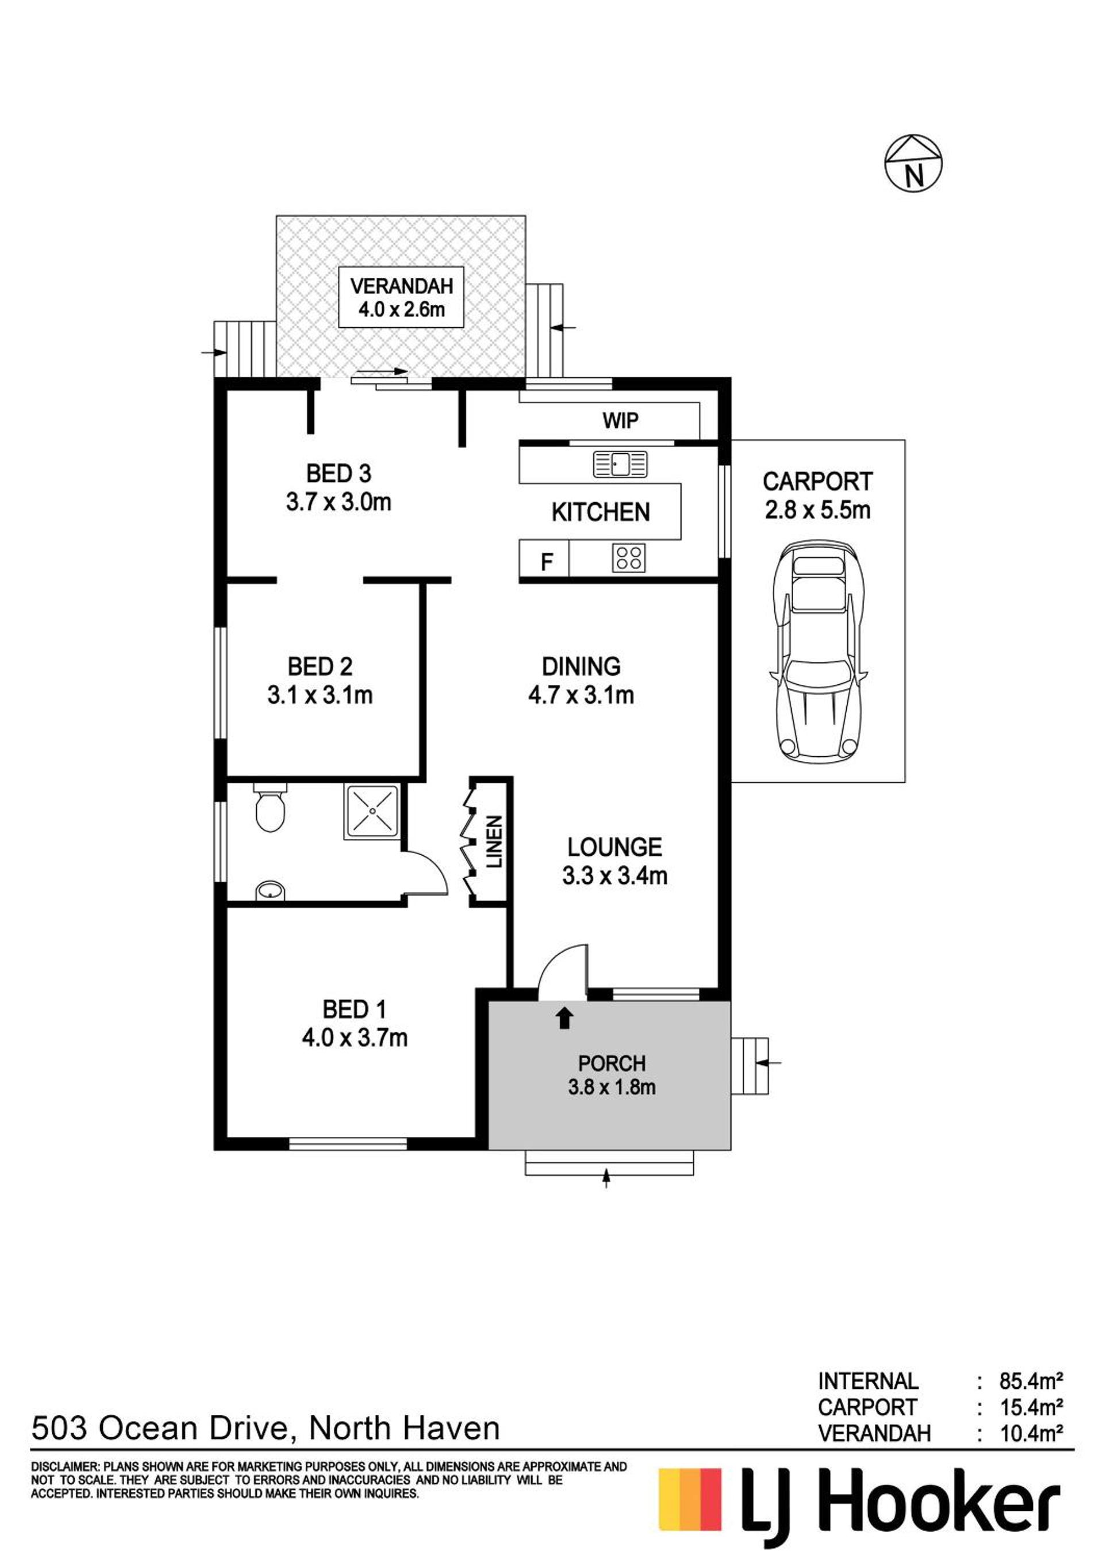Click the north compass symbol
913,163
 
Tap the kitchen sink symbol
620,464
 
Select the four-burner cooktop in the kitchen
628,558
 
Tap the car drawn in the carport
818,652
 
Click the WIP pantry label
620,420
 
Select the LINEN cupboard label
494,841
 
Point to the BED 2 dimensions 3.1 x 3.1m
320,695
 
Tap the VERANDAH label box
401,297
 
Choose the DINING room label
582,666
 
